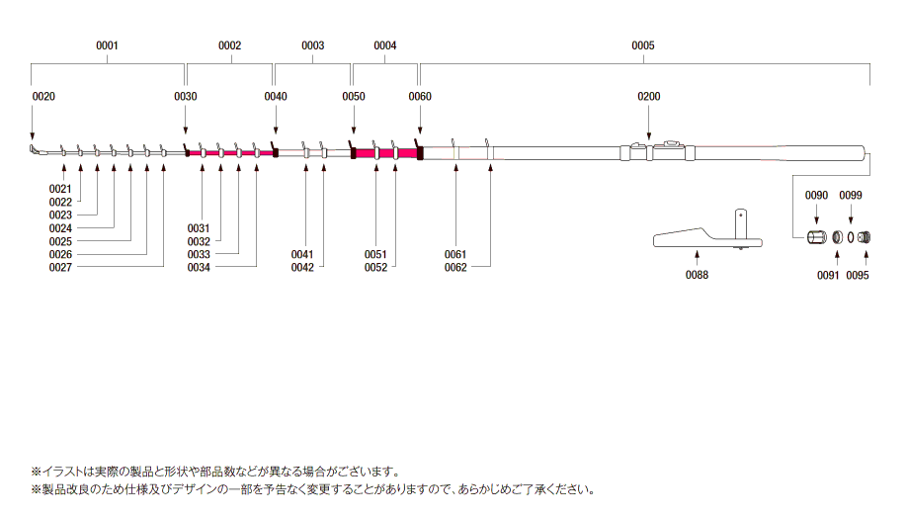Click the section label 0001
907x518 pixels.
tap(107, 45)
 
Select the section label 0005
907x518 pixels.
tap(642, 45)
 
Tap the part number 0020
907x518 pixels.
tap(43, 97)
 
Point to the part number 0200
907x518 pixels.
tap(648, 97)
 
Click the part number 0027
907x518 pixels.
tap(60, 267)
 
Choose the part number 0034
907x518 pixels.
tap(199, 267)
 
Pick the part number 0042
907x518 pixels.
tap(302, 267)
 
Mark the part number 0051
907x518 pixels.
tap(375, 255)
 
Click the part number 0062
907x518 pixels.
tap(455, 267)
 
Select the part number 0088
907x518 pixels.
tap(697, 275)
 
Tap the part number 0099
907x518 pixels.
tap(851, 196)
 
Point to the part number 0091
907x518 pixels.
tap(828, 276)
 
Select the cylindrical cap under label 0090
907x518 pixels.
tap(817, 237)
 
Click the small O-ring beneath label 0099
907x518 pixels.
tap(851, 237)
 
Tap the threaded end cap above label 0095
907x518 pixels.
tap(865, 237)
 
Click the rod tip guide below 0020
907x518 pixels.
tap(36, 150)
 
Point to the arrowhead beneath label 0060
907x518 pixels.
tap(420, 130)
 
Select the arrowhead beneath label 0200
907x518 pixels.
tap(648, 136)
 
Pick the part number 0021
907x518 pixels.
tap(60, 189)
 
